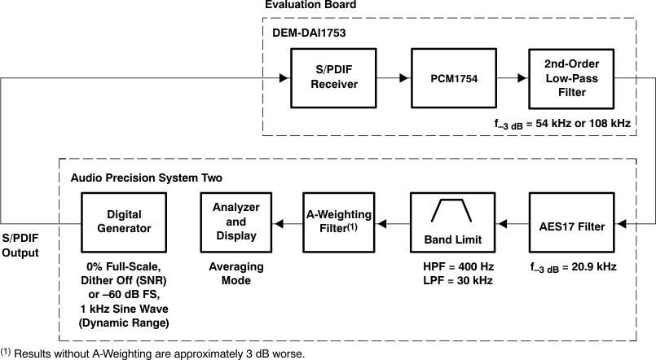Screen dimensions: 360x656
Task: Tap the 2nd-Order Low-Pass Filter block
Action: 568,78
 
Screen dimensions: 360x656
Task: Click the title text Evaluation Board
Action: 310,6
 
